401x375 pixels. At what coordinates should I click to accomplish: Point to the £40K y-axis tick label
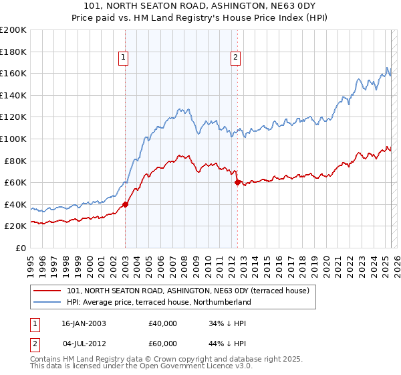(15, 204)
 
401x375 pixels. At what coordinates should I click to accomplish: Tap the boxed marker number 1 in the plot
(124, 58)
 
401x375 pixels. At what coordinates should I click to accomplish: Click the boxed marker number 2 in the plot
(236, 58)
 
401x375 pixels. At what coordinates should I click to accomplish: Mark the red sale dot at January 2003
(126, 204)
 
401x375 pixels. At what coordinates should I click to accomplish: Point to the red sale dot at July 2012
(237, 182)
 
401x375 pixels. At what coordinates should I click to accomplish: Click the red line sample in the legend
(47, 291)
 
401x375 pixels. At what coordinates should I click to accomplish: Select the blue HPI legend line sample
(47, 303)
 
